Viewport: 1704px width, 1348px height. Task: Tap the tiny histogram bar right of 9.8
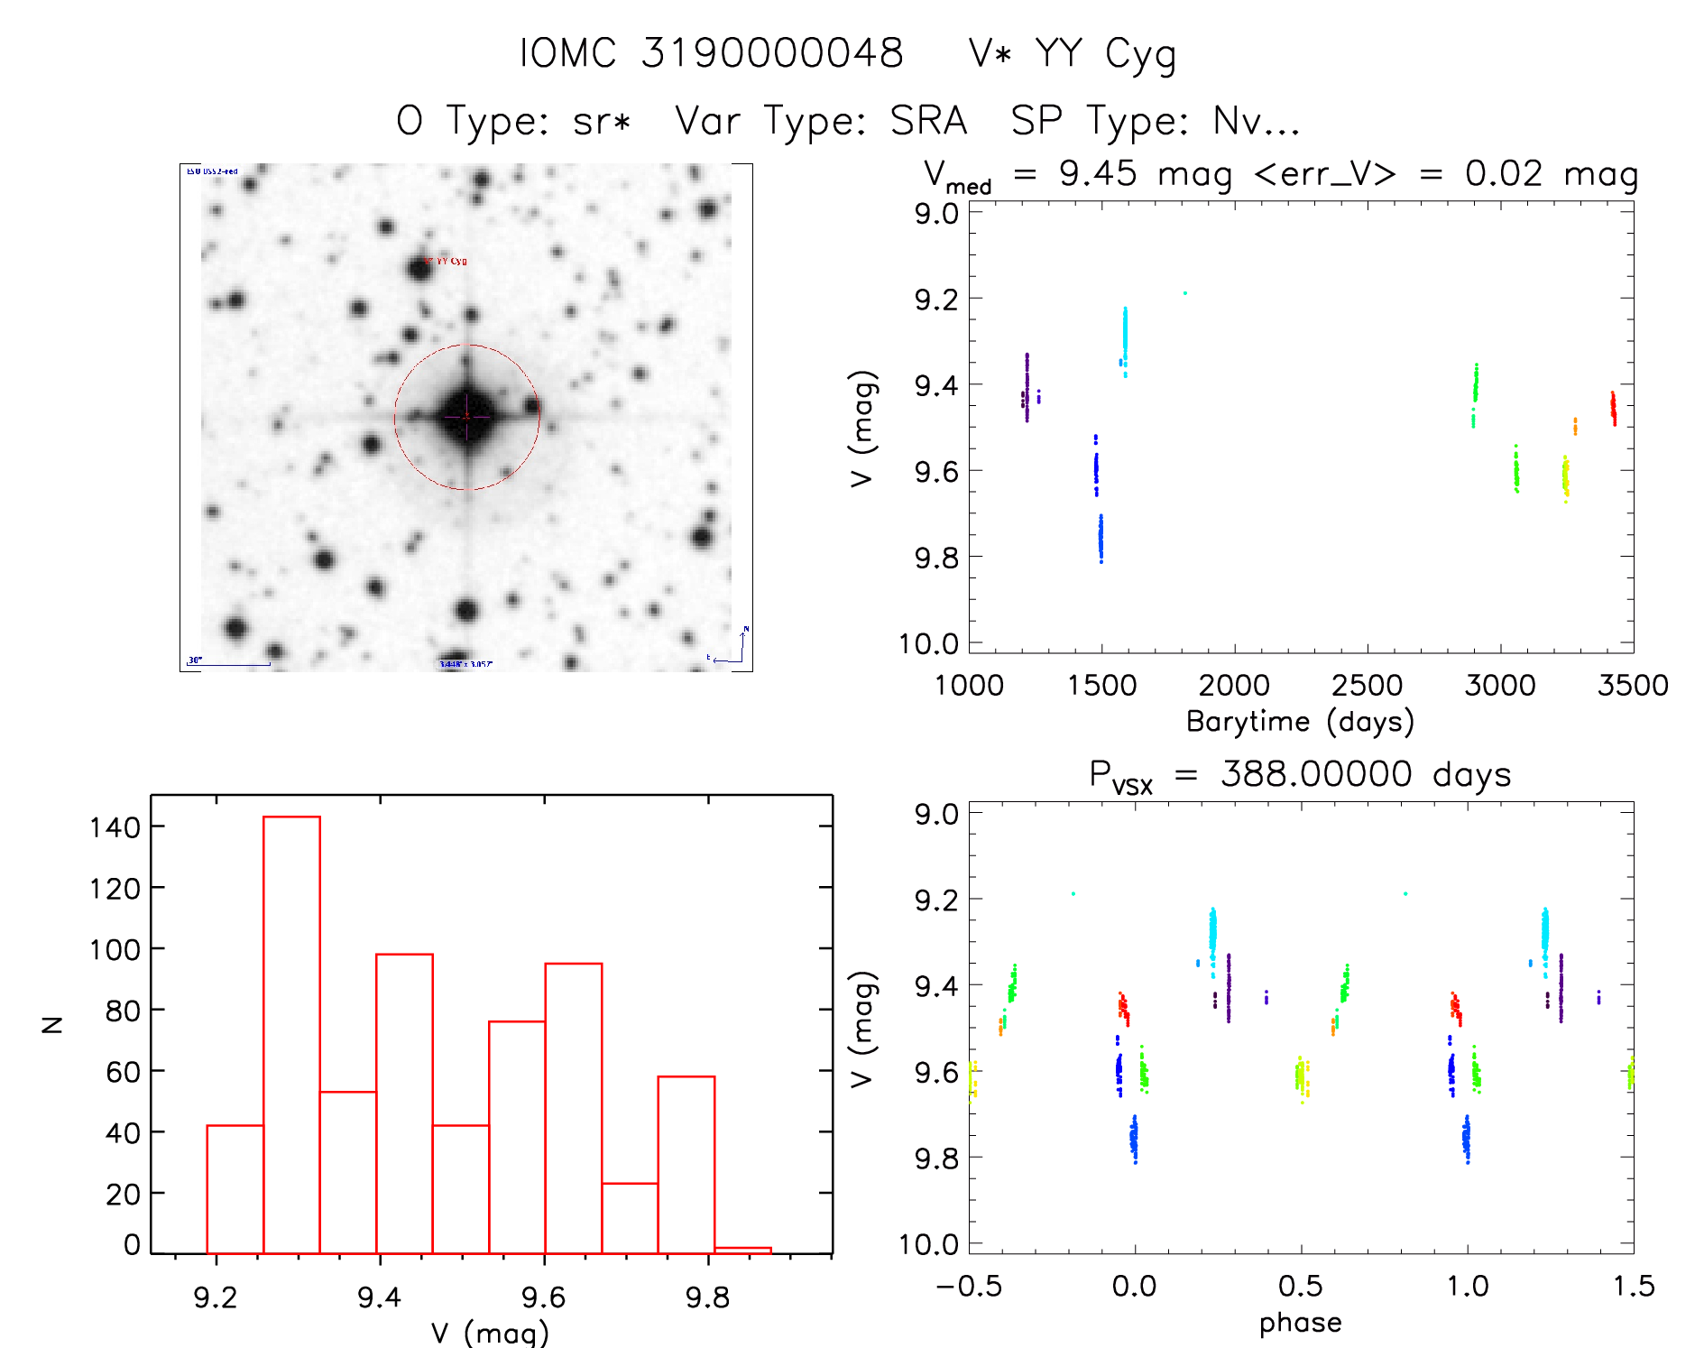click(742, 1250)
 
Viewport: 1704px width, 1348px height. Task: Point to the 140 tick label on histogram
click(115, 826)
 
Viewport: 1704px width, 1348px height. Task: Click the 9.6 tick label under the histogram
click(543, 1297)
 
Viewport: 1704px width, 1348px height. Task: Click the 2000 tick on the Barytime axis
click(1234, 685)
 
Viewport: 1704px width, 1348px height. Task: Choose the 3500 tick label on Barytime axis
click(1632, 685)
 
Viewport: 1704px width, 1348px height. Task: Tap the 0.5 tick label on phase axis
click(1300, 1286)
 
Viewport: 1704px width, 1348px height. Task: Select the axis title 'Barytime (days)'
click(1300, 721)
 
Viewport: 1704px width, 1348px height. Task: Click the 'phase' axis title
click(1300, 1323)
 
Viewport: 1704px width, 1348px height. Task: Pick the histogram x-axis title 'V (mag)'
click(490, 1333)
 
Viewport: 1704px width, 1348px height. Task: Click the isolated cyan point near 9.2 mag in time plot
click(1184, 293)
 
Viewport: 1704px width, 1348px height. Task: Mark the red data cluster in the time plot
click(1613, 408)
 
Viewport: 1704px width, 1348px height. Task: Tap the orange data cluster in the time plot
click(1575, 426)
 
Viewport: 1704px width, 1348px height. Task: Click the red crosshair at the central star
click(466, 417)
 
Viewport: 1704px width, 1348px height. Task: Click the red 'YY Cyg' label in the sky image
click(451, 261)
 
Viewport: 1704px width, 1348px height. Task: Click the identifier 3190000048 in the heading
click(772, 53)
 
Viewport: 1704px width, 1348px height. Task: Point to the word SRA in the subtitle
click(928, 121)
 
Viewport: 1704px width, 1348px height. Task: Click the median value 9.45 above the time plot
click(1098, 173)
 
